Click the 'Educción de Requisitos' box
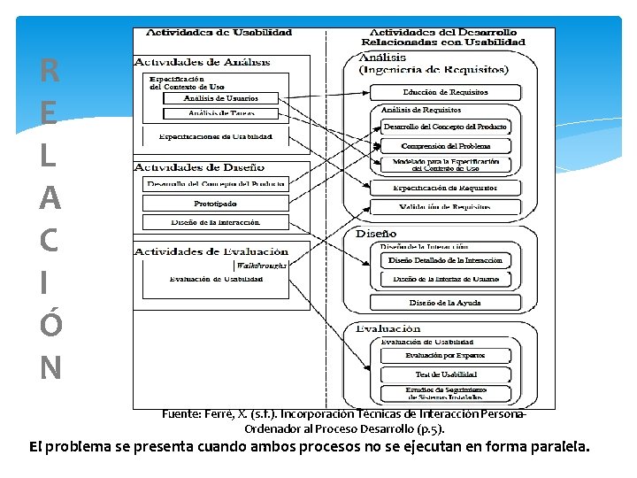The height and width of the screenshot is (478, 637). (x=445, y=92)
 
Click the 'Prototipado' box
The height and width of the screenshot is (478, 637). (x=215, y=204)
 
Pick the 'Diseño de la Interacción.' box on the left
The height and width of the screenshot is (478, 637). (x=215, y=221)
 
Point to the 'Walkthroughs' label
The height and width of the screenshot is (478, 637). (x=260, y=264)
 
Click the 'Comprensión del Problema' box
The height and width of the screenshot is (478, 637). (x=445, y=145)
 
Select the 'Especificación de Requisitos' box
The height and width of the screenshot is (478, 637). (x=445, y=188)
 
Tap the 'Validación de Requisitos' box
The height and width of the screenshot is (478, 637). (x=445, y=206)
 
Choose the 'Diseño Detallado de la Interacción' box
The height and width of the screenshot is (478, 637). (x=445, y=260)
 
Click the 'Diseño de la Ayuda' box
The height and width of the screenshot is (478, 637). (x=445, y=302)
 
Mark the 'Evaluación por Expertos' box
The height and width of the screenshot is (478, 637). (x=445, y=356)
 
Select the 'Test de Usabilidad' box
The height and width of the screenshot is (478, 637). (x=445, y=374)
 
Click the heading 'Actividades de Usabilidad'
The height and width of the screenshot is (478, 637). (x=219, y=33)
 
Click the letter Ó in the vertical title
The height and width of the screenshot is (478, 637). (x=50, y=325)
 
